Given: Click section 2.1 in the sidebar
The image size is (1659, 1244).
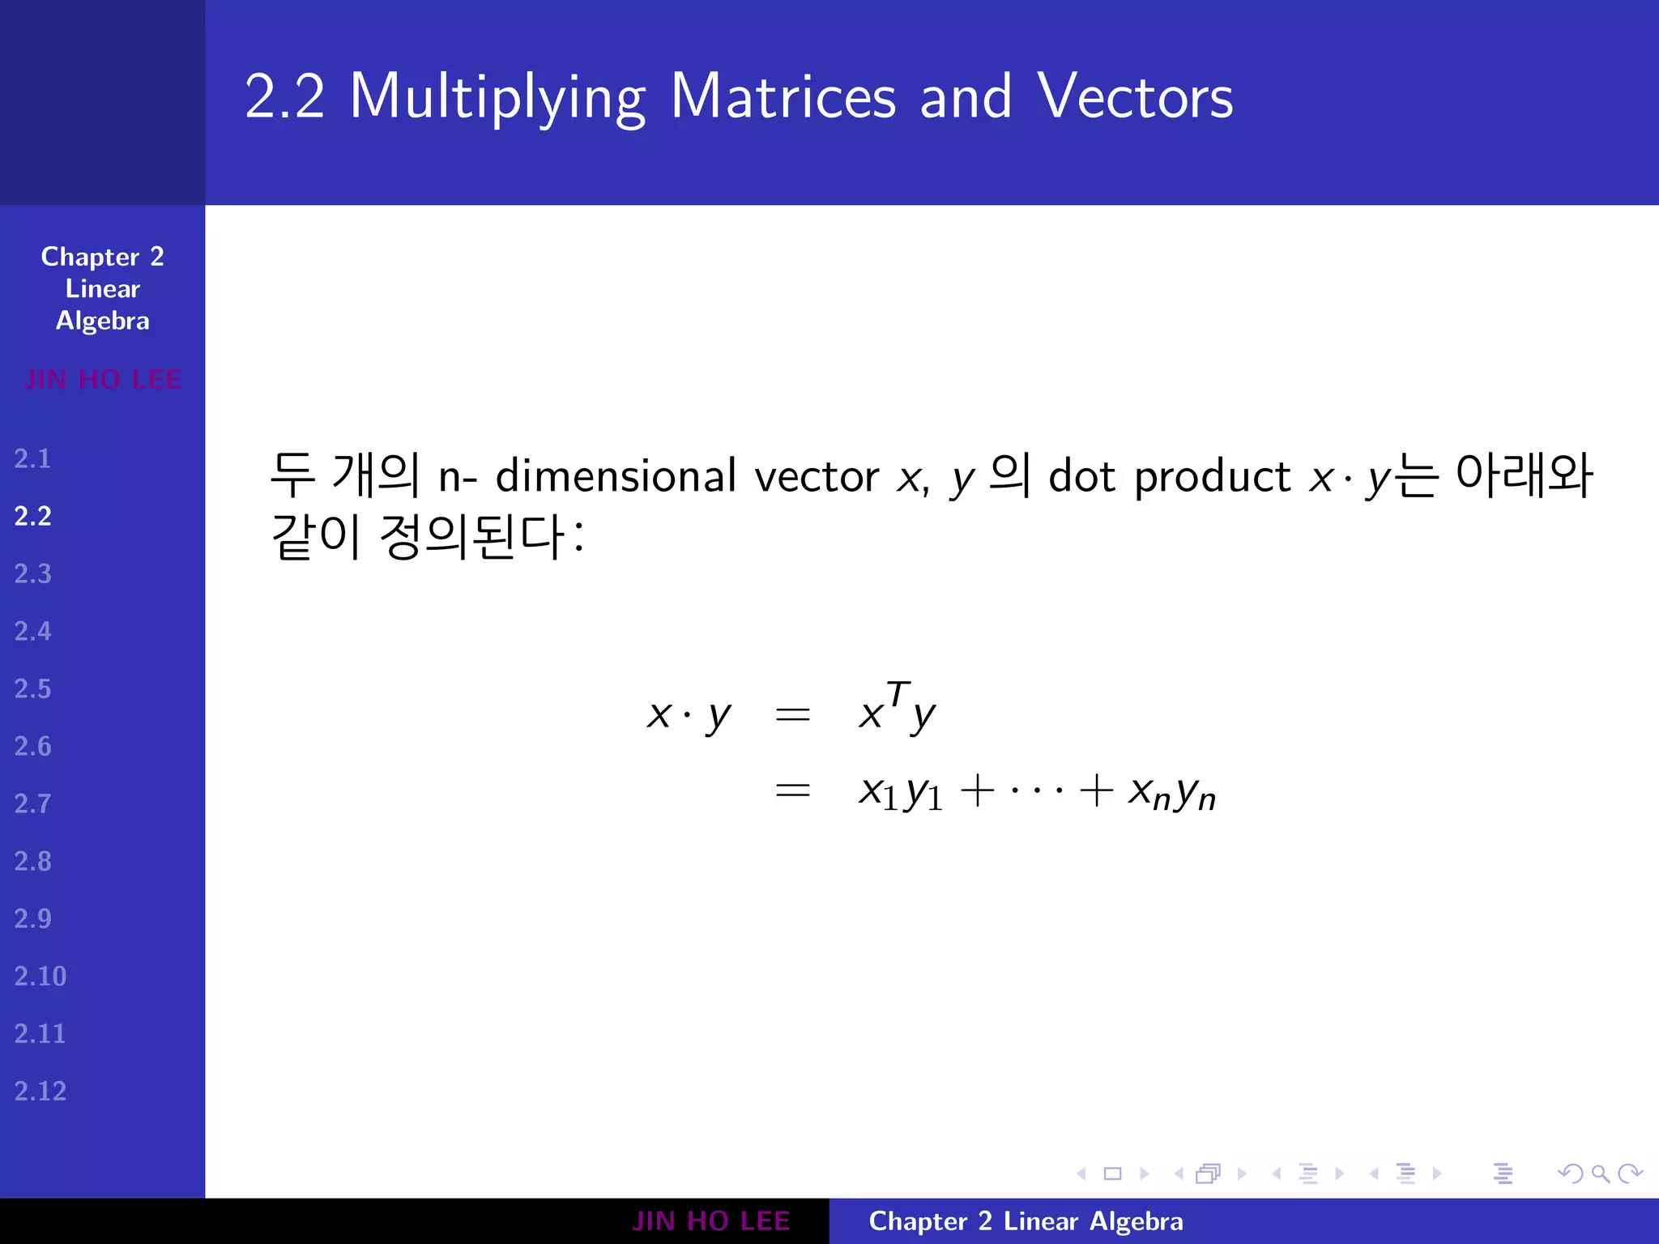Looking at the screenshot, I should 32,459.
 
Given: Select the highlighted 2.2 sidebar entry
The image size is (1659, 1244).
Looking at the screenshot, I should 33,517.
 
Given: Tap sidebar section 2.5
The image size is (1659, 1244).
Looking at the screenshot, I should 32,689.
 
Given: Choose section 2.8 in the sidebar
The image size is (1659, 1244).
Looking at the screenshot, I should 32,862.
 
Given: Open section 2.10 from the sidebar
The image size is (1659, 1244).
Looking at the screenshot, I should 40,977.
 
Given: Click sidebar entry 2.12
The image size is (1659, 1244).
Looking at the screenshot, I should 40,1092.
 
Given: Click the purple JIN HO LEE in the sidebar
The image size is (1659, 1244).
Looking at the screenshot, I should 103,380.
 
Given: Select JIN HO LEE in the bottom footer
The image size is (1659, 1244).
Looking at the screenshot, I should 710,1221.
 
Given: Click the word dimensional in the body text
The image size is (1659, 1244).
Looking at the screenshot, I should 616,476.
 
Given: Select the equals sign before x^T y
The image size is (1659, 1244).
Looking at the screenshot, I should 792,714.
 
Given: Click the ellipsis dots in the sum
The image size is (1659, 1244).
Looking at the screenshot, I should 1037,790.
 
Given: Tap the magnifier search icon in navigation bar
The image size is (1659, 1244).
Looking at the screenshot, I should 1600,1174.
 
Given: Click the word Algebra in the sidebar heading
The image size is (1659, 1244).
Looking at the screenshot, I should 103,322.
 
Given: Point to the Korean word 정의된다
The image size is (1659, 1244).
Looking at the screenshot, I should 471,537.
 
